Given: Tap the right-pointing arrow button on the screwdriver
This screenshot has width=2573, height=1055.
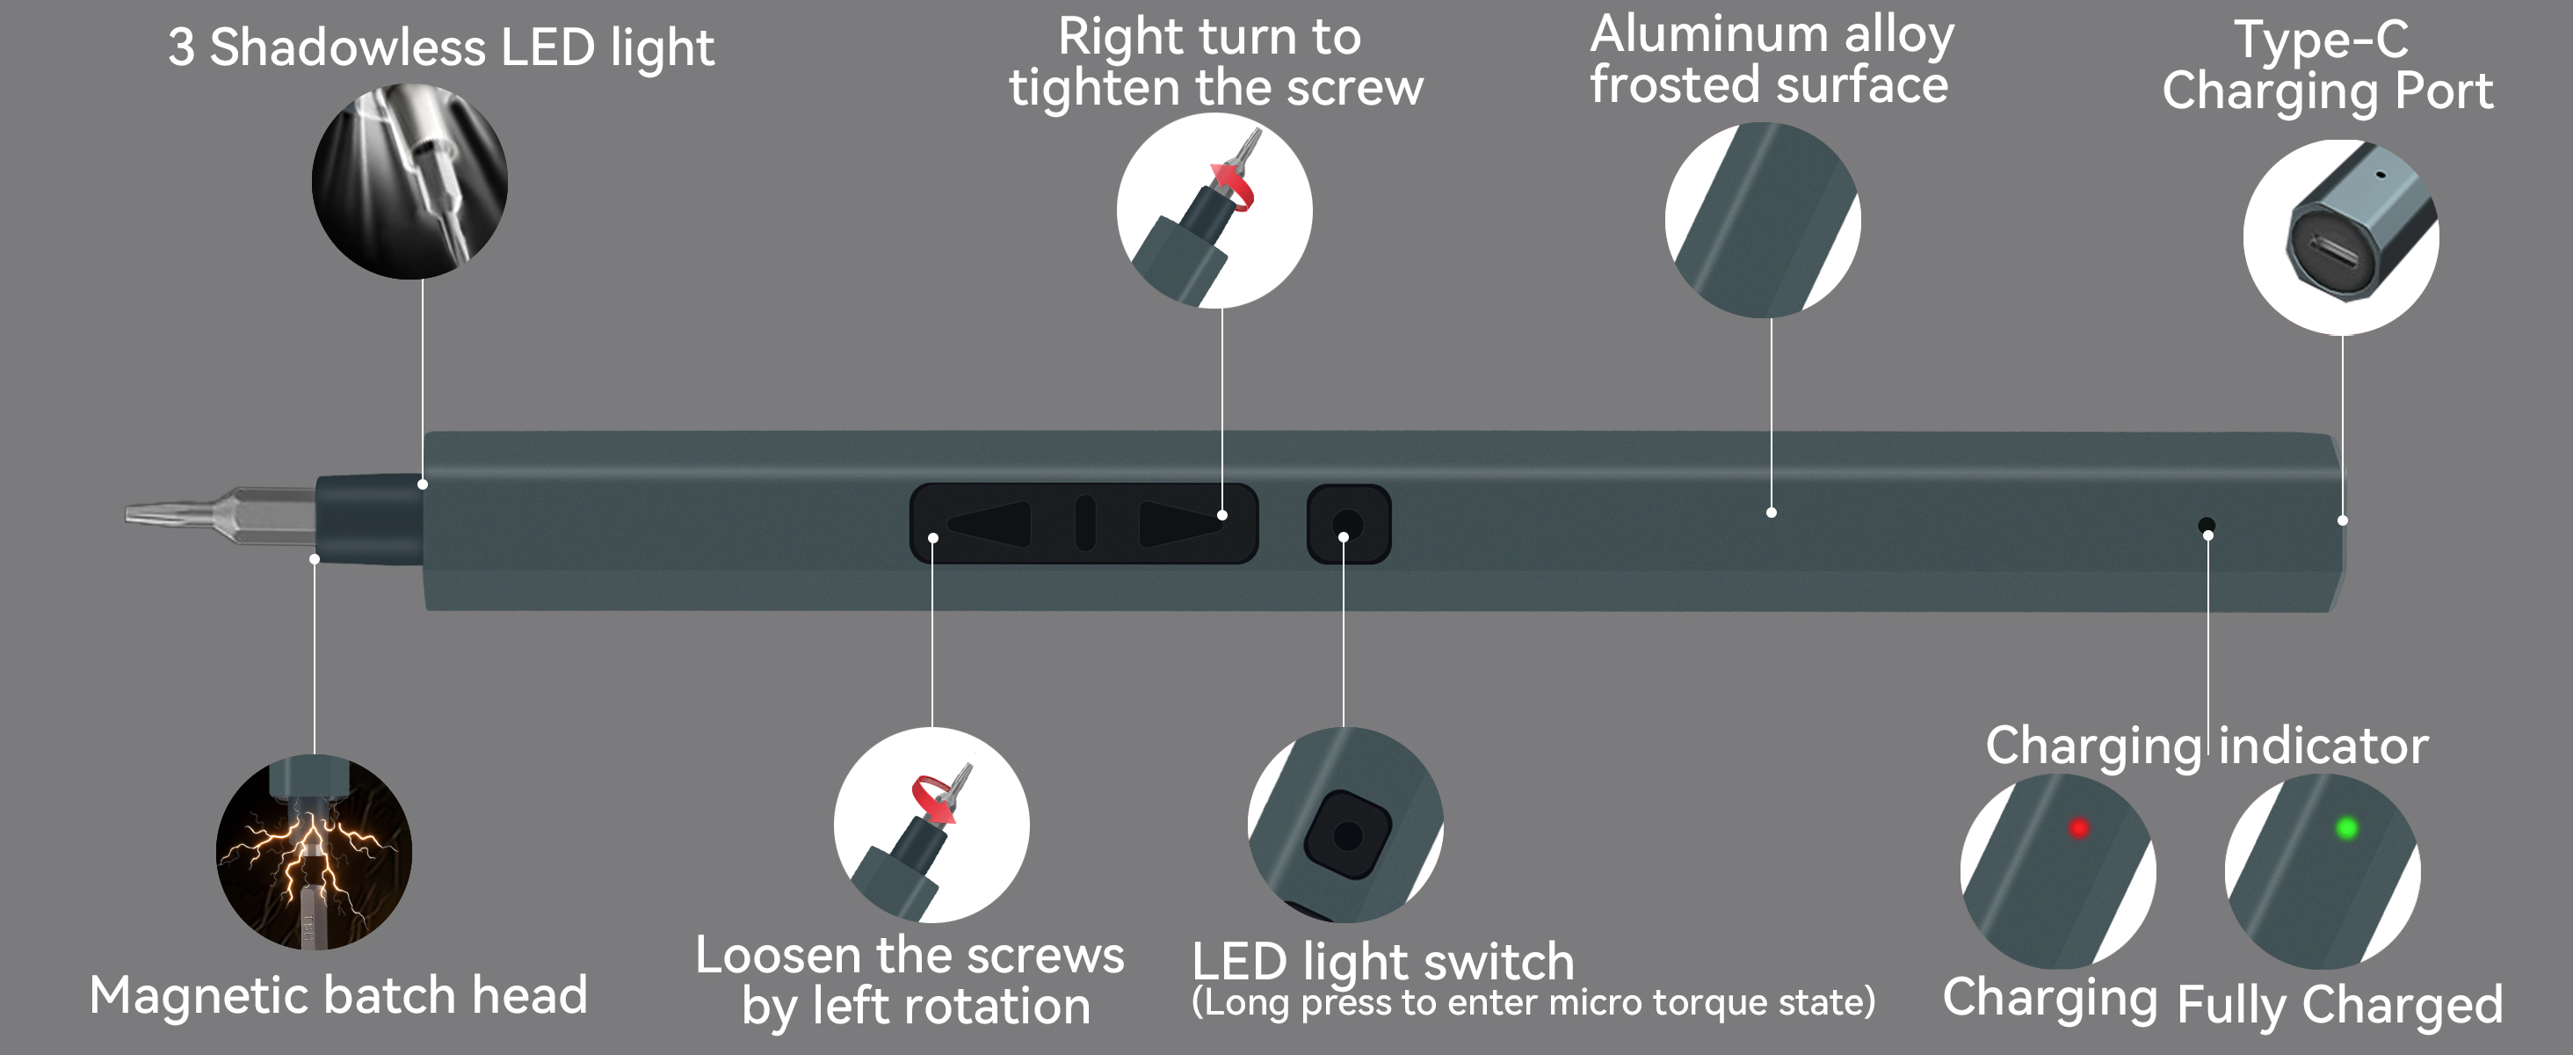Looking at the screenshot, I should (1178, 523).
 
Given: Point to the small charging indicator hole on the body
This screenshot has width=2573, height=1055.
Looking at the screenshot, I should (2207, 526).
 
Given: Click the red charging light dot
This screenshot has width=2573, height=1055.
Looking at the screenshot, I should (2078, 828).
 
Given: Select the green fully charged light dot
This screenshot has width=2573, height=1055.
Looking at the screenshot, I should (2346, 828).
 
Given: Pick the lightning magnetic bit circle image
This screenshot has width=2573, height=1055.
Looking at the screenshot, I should (314, 852).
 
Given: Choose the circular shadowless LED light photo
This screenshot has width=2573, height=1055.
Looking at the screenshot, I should (410, 182).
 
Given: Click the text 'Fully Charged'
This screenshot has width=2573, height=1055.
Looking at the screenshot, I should (2339, 1005).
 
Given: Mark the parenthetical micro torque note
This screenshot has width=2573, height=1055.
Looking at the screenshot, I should (1533, 1002).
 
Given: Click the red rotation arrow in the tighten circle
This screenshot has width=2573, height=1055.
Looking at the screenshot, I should (1234, 186).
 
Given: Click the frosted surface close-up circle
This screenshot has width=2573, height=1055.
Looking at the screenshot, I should (1762, 220).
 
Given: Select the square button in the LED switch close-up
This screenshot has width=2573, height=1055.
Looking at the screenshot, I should (1346, 835).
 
